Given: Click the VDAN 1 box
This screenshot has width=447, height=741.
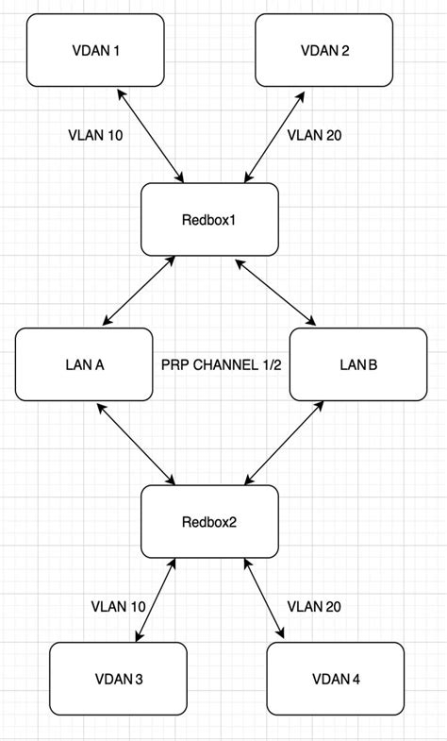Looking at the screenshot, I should pos(95,50).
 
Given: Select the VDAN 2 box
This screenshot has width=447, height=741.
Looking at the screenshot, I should pos(324,50).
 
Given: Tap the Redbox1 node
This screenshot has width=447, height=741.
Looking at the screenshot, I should pos(209,219).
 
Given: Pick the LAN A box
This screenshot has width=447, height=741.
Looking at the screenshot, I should pos(84,363).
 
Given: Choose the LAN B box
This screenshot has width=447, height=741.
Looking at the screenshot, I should pos(356,363).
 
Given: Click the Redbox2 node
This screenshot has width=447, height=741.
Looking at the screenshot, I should pos(209,521).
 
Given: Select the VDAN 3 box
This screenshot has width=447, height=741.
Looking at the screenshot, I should pos(118,678).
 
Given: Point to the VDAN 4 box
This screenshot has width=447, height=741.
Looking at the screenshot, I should pos(335,678).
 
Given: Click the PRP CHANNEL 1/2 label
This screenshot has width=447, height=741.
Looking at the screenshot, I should pos(221,364).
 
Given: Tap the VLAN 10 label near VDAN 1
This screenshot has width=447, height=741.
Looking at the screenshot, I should pos(95,135).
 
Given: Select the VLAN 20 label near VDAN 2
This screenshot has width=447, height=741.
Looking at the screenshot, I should pos(314,135).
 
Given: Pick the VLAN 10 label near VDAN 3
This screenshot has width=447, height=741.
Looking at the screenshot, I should pos(118,606).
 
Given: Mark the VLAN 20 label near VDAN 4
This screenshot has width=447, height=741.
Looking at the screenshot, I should pos(314,606).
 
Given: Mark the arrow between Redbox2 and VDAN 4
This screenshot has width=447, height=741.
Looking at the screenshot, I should pos(263,599).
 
